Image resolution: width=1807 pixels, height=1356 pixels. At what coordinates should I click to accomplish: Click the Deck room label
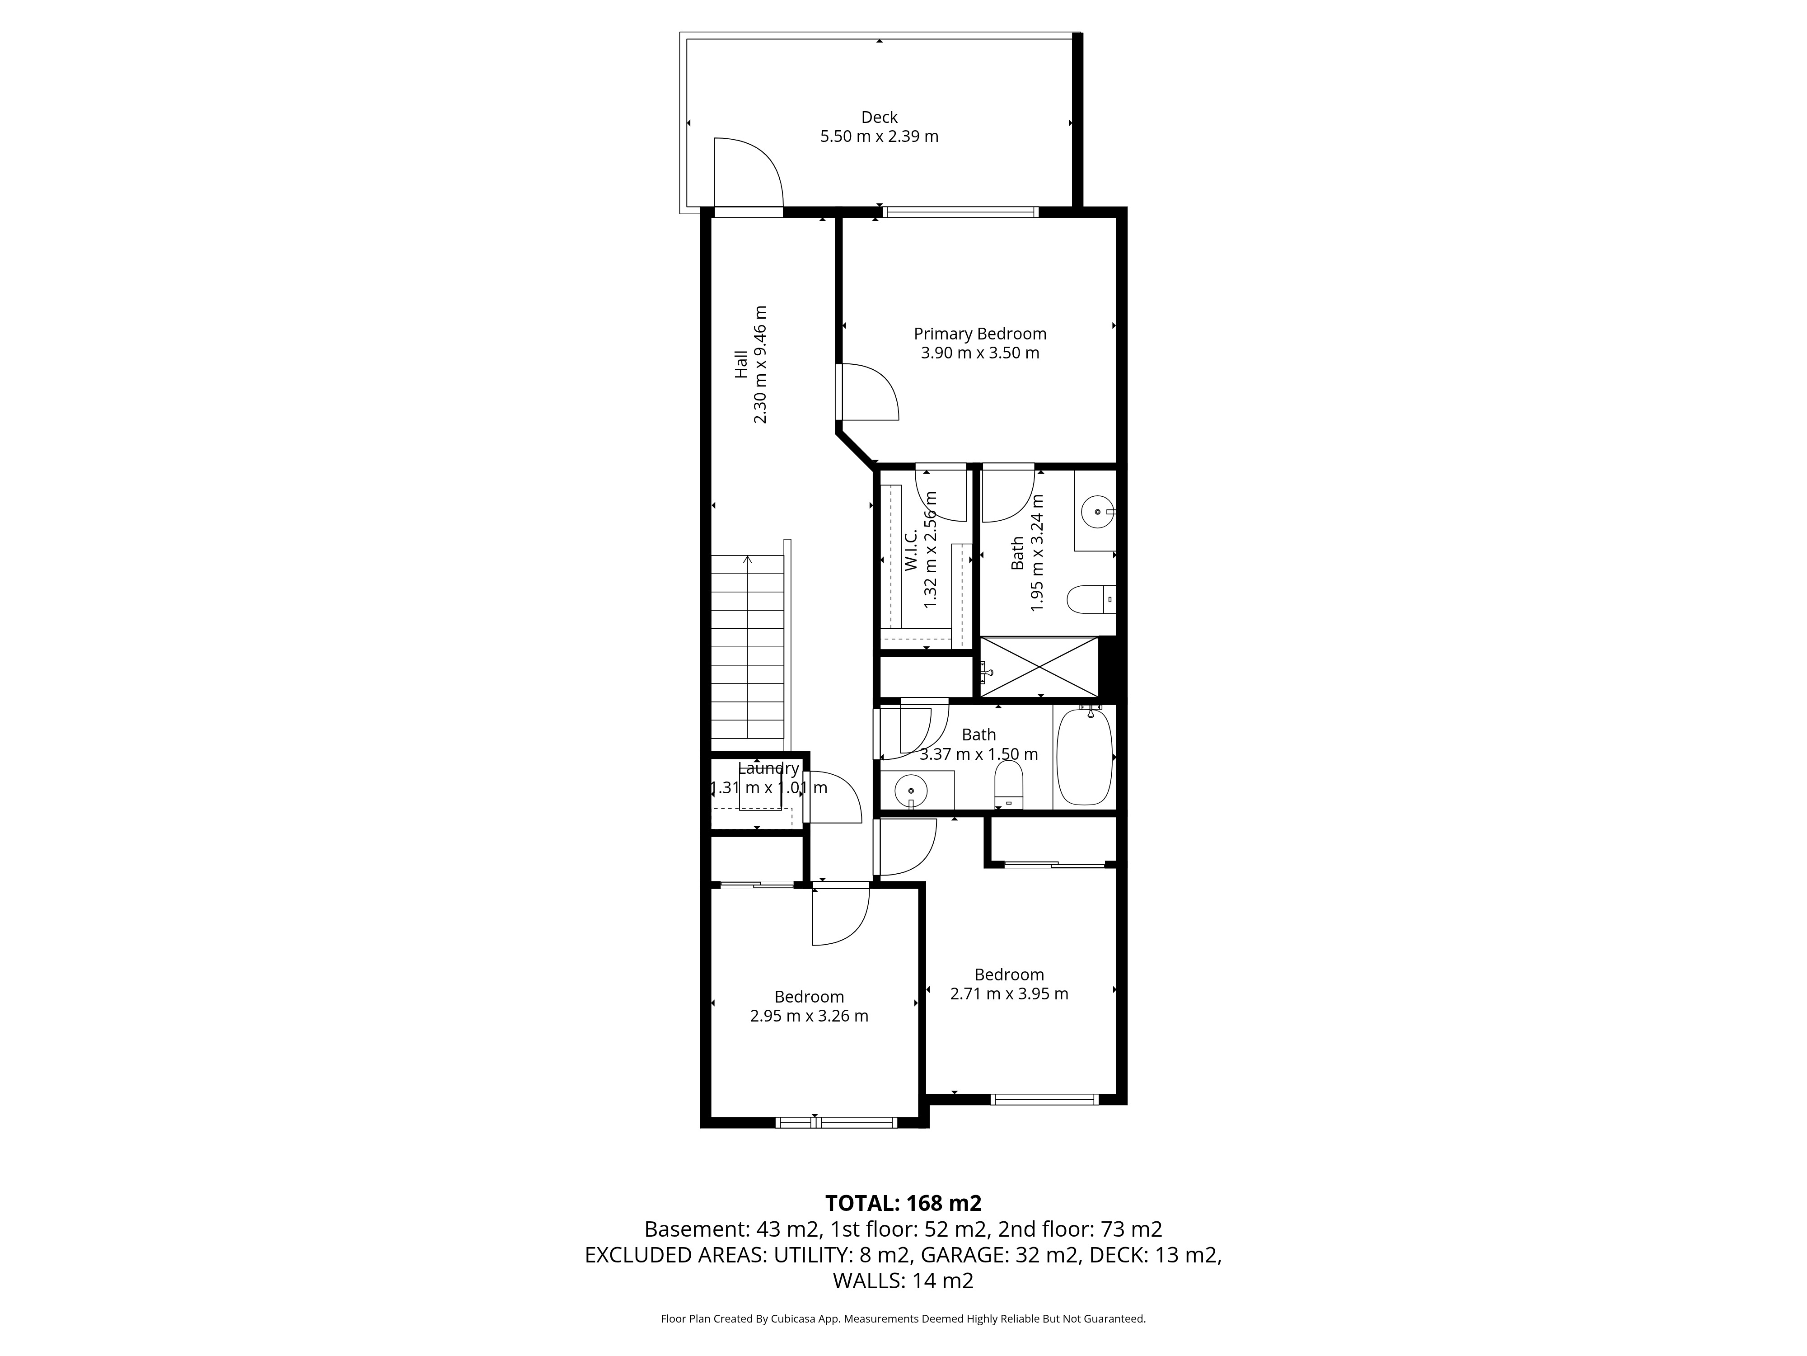[x=879, y=118]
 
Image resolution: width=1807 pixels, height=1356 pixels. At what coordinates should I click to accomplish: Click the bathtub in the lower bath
[x=1085, y=757]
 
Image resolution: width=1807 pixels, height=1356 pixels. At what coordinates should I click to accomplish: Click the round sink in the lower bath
[x=911, y=791]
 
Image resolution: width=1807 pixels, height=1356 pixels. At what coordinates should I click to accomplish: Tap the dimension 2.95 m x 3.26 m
[x=809, y=1016]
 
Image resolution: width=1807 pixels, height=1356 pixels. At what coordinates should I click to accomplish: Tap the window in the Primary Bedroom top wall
[x=960, y=212]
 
